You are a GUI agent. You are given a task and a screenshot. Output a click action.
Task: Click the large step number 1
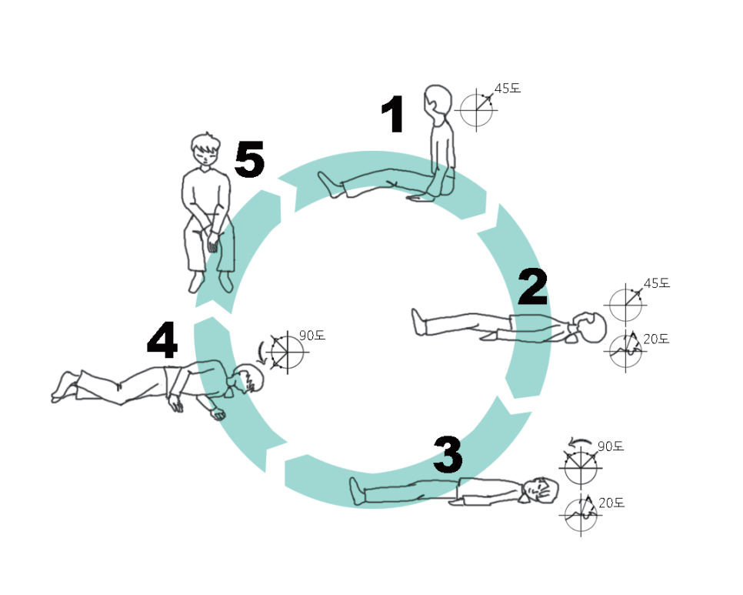393,116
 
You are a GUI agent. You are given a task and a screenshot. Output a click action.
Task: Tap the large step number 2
532,288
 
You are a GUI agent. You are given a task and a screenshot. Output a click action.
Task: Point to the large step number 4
162,339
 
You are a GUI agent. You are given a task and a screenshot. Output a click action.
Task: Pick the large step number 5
249,161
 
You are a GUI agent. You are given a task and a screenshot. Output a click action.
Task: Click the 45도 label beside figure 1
507,89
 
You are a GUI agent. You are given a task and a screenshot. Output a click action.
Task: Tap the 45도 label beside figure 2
656,283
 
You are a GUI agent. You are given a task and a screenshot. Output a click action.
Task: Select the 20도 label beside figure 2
656,339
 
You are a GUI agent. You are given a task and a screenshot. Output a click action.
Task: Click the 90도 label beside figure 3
610,446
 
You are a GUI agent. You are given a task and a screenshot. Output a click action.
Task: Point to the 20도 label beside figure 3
611,503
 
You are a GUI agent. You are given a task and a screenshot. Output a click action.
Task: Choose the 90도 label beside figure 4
312,336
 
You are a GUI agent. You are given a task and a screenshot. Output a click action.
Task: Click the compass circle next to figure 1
476,111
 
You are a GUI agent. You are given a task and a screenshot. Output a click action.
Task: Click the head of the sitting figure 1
437,99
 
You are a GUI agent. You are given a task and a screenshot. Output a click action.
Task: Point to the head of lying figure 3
543,490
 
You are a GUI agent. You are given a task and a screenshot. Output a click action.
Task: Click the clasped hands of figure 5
212,243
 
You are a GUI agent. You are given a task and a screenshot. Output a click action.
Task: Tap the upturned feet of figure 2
418,321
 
